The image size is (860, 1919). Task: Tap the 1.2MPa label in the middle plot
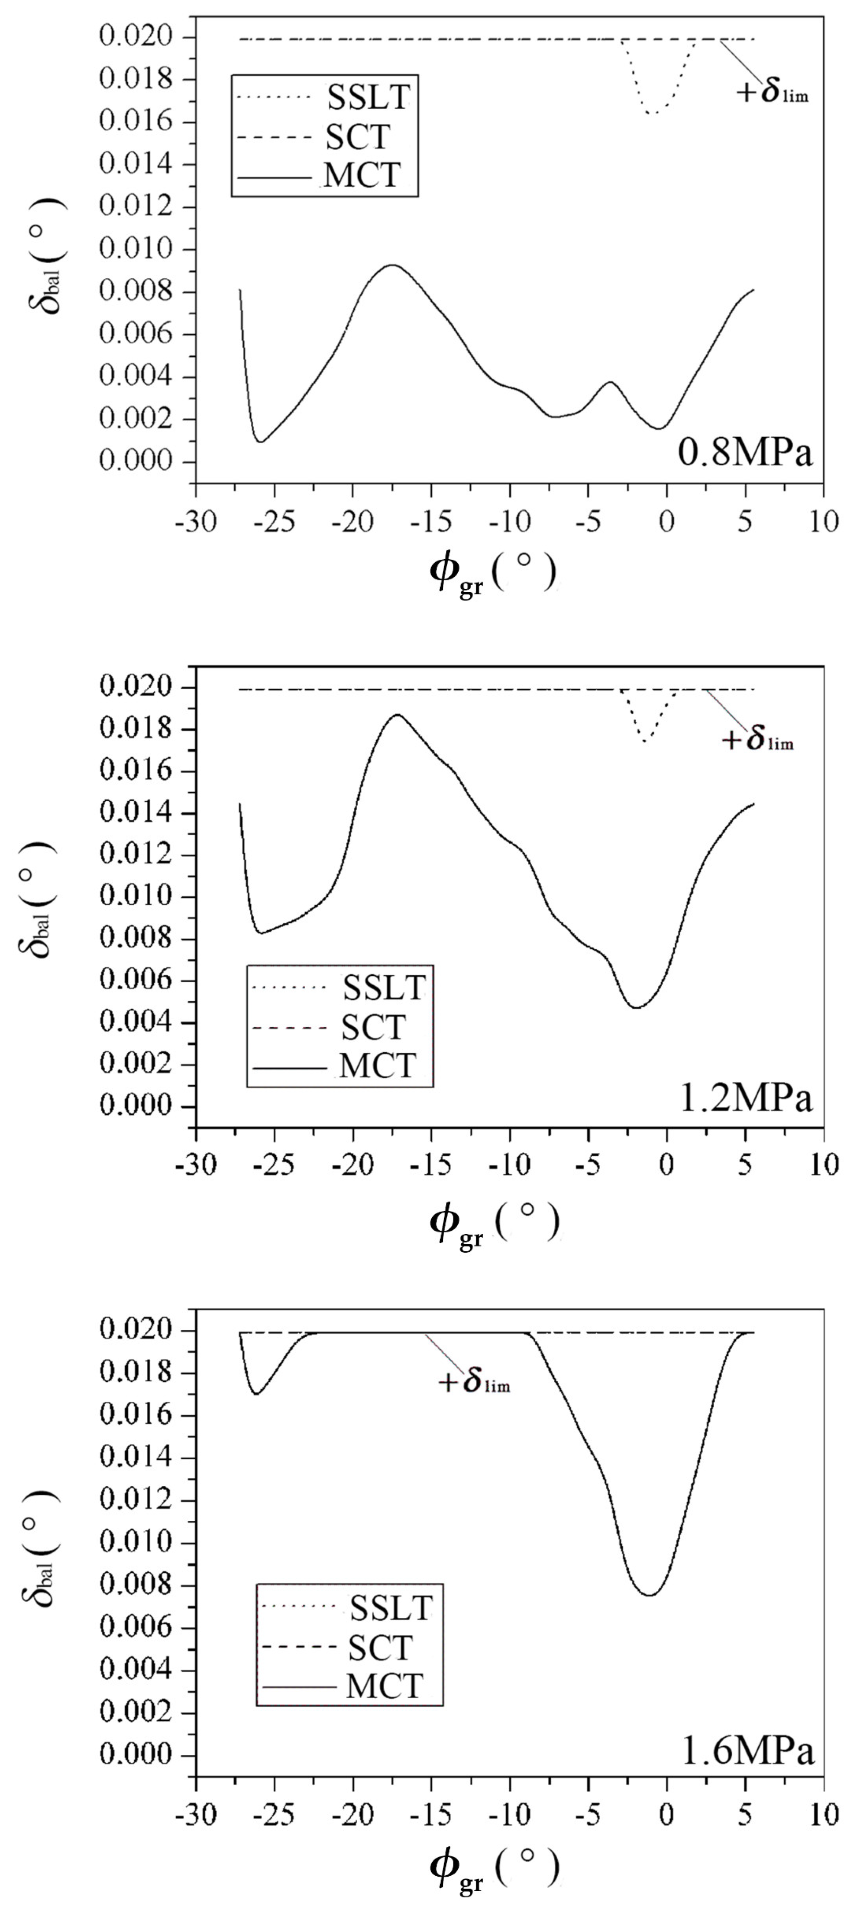pos(746,1099)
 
